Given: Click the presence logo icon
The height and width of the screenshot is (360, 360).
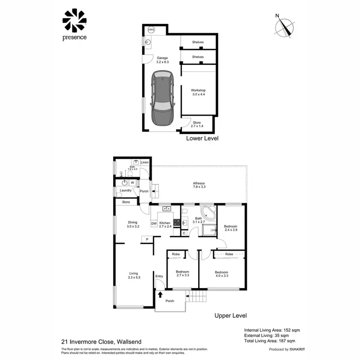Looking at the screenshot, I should click(74, 20).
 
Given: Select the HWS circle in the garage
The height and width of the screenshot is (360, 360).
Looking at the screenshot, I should click(151, 30).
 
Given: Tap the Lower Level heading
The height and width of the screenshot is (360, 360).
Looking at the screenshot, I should click(202, 138).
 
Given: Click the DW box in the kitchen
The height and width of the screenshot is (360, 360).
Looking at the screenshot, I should click(154, 223).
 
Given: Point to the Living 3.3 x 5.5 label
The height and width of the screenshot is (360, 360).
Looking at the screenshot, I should click(133, 276).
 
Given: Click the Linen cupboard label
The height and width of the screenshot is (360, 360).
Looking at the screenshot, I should click(144, 163).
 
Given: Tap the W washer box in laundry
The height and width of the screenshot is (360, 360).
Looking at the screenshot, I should click(132, 183).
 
